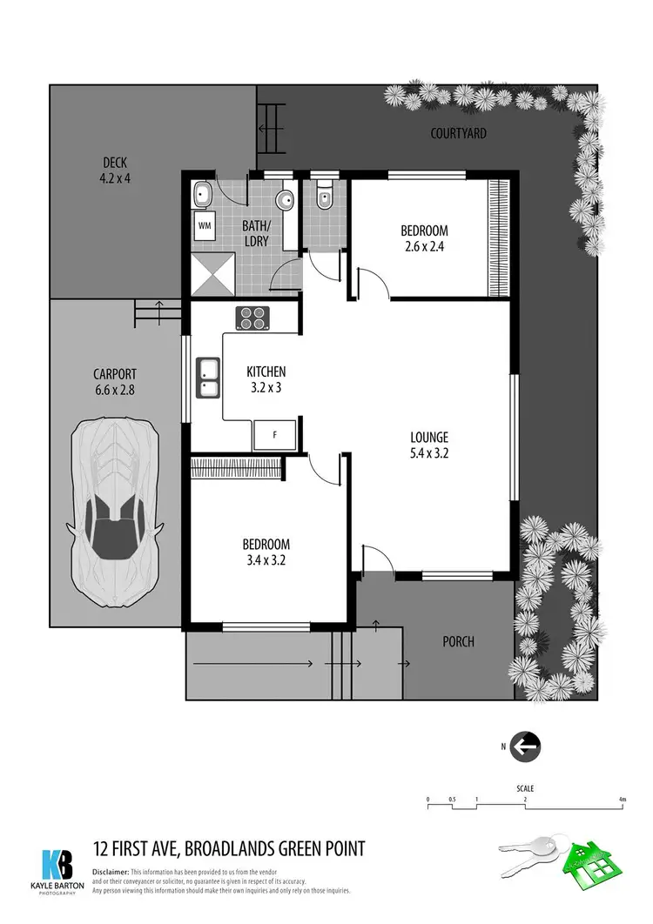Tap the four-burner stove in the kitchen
coord(253,319)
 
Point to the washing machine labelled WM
coord(205,225)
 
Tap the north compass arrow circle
coord(525,746)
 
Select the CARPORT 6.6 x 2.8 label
coord(114,383)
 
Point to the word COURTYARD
coord(458,134)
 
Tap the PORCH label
coord(458,642)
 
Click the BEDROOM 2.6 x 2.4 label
coord(424,238)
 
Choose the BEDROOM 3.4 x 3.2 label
coord(266,552)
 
